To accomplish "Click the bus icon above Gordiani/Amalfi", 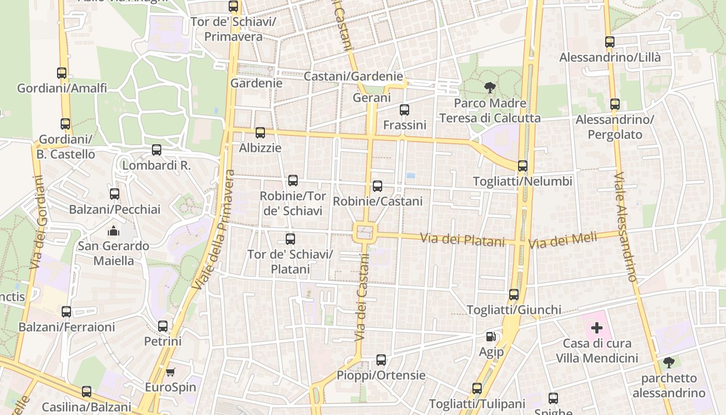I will (62, 73).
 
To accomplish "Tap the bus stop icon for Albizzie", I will (260, 133).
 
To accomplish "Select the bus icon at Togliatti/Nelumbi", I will (523, 166).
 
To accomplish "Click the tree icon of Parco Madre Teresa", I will (490, 88).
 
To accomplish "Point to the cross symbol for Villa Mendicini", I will (597, 328).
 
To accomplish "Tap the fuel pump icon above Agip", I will (491, 337).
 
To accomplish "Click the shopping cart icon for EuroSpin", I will (170, 372).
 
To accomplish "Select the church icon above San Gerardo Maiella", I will (113, 231).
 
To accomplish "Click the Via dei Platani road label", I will (462, 240).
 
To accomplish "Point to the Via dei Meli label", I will (563, 241).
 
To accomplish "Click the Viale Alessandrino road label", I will (625, 227).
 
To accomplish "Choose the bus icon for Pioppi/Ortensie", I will (381, 359).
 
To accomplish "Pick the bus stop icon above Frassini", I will (404, 110).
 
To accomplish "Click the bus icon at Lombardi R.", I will (157, 150).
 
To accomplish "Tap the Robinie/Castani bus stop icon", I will (378, 186).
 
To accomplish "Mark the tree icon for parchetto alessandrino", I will (669, 363).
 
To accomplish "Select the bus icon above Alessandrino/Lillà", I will (610, 42).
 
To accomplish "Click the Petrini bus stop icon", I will (163, 326).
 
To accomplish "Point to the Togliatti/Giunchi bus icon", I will (514, 295).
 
